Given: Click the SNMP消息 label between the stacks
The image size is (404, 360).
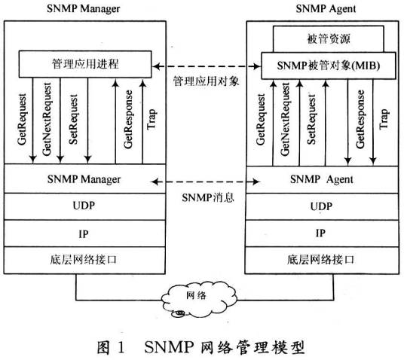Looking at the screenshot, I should [x=203, y=197].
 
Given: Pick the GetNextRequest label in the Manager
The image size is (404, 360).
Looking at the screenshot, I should [x=48, y=121].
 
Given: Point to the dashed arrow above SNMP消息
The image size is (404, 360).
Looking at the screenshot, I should [x=202, y=181].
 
